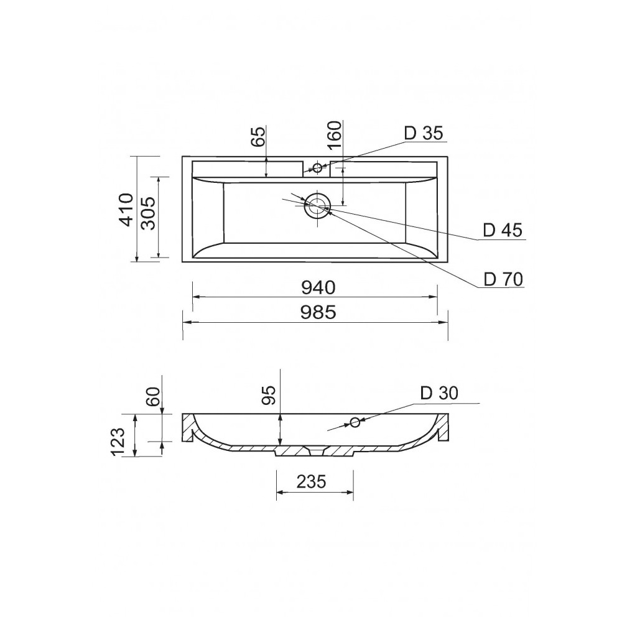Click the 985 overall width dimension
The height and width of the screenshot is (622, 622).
(x=318, y=313)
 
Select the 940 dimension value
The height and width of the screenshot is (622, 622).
(x=318, y=287)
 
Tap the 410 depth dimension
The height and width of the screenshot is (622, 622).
(x=126, y=210)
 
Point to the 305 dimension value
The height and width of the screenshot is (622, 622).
(x=149, y=213)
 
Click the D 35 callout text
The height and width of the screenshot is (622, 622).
(x=423, y=133)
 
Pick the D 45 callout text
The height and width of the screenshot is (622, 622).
(x=503, y=231)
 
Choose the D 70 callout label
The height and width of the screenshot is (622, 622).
(x=503, y=280)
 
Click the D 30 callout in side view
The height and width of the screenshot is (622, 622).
(x=439, y=393)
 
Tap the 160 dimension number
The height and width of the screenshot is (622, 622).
(x=335, y=135)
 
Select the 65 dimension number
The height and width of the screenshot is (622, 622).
(x=258, y=137)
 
